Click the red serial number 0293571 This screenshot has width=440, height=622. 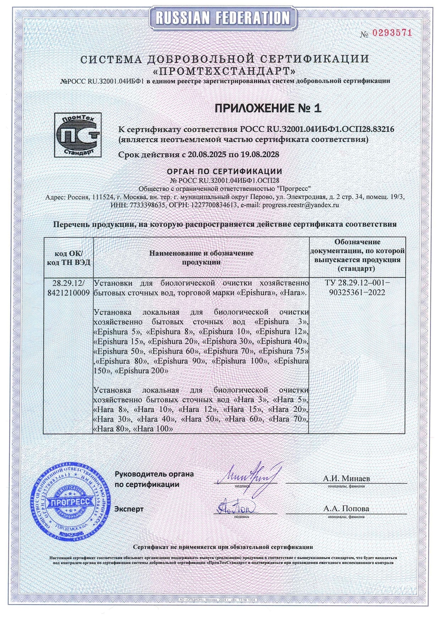pyautogui.click(x=391, y=33)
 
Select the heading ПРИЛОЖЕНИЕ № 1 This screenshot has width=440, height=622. pyautogui.click(x=268, y=108)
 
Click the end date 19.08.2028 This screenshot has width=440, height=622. pyautogui.click(x=257, y=154)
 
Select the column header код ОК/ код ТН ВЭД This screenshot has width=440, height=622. pyautogui.click(x=68, y=257)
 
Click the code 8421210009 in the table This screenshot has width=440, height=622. pyautogui.click(x=68, y=293)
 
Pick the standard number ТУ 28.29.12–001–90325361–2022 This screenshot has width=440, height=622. pyautogui.click(x=357, y=288)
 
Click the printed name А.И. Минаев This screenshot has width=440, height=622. pyautogui.click(x=346, y=478)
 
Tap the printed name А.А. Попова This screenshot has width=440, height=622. pyautogui.click(x=346, y=509)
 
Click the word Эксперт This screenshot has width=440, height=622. pyautogui.click(x=129, y=509)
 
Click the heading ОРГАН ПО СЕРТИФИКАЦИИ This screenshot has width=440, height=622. pyautogui.click(x=224, y=171)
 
